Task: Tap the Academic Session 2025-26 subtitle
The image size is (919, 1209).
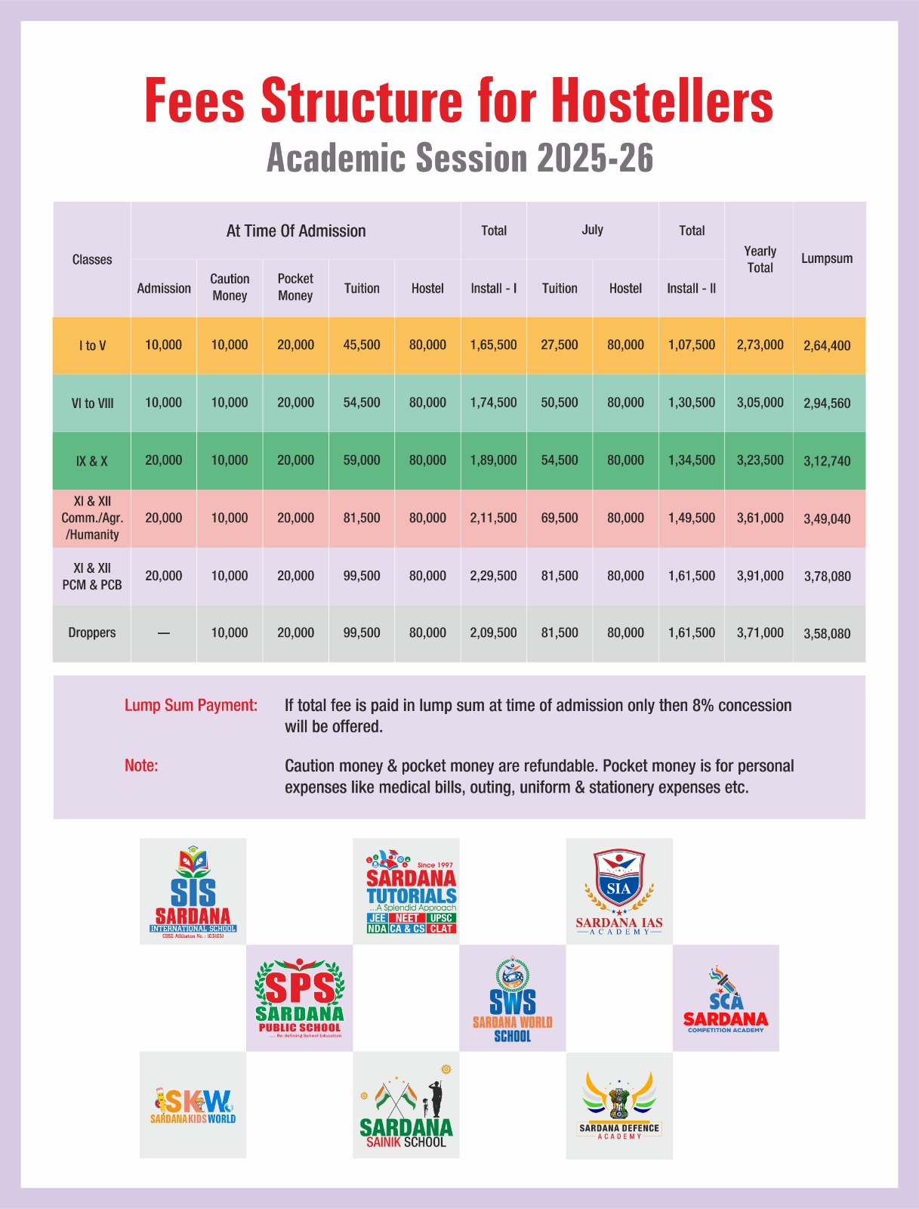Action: click(x=460, y=159)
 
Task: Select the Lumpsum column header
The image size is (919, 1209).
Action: click(x=827, y=258)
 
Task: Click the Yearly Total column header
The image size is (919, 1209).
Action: click(x=760, y=259)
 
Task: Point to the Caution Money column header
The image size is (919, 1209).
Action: click(x=230, y=287)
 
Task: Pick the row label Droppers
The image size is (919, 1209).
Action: click(x=92, y=632)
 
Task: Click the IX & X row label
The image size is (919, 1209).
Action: click(x=92, y=461)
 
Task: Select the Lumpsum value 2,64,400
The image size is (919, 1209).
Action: click(x=827, y=345)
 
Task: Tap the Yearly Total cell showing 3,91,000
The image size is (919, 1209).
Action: click(x=760, y=576)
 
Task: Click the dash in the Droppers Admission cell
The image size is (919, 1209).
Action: click(x=164, y=633)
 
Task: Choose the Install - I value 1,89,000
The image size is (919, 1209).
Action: click(x=493, y=460)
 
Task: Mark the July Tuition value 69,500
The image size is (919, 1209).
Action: click(x=560, y=518)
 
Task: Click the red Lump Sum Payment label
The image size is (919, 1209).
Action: click(x=191, y=705)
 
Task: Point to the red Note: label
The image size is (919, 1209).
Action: click(x=141, y=765)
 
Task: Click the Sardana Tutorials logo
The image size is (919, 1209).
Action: click(x=406, y=892)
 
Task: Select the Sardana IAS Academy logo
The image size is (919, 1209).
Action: click(x=619, y=892)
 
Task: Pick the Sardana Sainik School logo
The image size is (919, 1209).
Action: click(x=406, y=1105)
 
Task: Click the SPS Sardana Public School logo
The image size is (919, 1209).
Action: click(x=300, y=998)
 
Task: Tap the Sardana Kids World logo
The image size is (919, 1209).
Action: click(x=193, y=1105)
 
